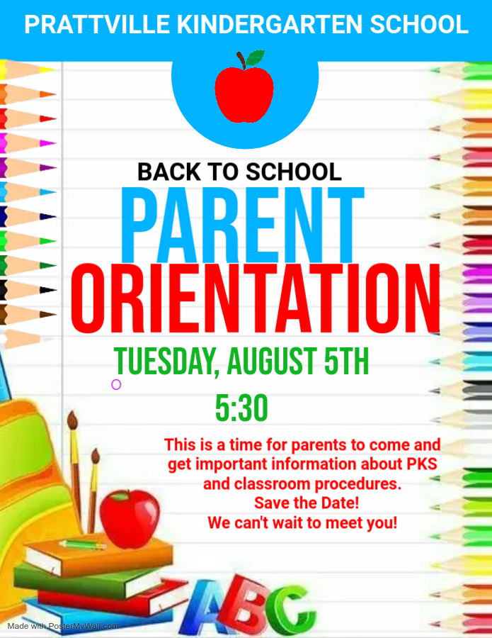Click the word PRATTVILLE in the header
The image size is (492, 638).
[x=97, y=24]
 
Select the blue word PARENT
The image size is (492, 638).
[x=242, y=225]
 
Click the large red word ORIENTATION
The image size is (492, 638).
[x=256, y=298]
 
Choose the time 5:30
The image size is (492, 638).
[x=241, y=408]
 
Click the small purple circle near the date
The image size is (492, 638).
[x=116, y=384]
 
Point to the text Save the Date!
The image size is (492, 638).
[x=307, y=503]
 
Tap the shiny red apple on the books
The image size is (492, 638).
[x=130, y=518]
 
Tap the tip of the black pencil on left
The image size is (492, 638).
[x=55, y=290]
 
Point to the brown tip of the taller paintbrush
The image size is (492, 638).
[x=72, y=420]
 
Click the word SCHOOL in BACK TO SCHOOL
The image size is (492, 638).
[x=294, y=172]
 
